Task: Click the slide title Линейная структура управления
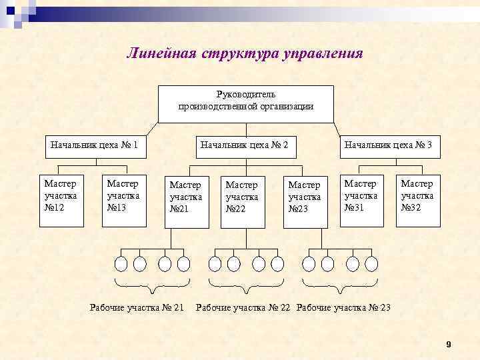[245, 53]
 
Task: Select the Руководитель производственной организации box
[245, 104]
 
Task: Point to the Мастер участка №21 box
[186, 199]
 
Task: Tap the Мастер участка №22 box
[242, 199]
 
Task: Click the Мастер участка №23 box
[305, 199]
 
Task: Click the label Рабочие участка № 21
[137, 307]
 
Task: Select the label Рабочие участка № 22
[243, 307]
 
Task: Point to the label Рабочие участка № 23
[343, 307]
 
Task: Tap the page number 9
[449, 344]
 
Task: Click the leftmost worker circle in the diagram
[121, 264]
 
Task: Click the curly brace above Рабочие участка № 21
[153, 287]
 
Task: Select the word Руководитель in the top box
[245, 95]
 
